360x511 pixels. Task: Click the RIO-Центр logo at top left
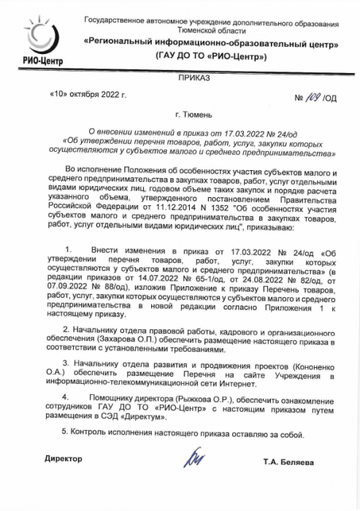click(37, 39)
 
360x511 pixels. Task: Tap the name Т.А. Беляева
click(288, 463)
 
